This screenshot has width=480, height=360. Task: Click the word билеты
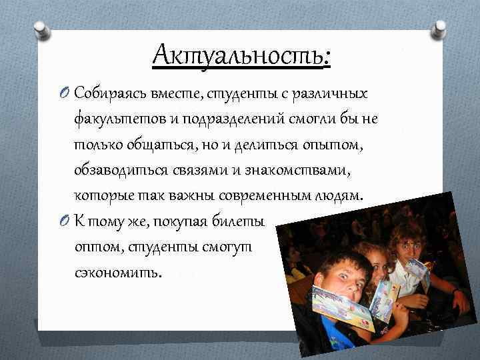(240, 221)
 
